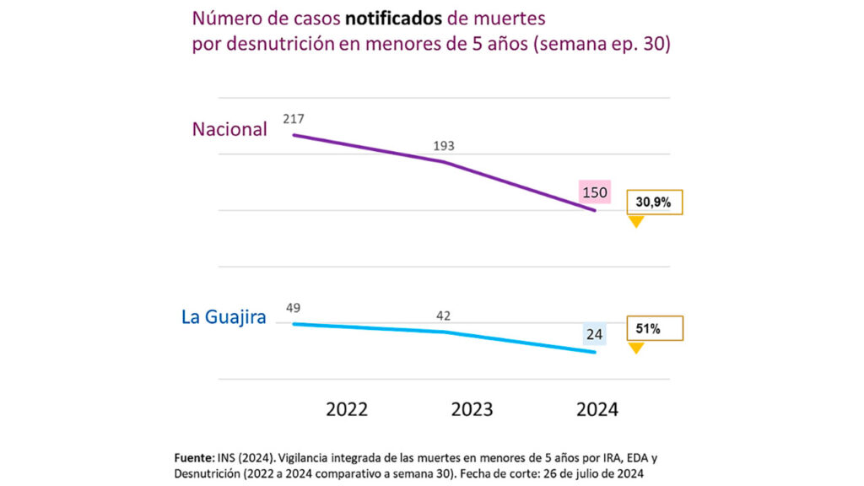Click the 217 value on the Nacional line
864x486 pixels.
click(x=294, y=119)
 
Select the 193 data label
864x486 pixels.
click(x=444, y=146)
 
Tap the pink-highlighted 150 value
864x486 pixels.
click(x=594, y=193)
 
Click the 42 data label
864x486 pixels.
click(x=443, y=316)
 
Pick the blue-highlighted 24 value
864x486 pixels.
click(x=594, y=335)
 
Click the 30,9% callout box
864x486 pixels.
click(x=654, y=203)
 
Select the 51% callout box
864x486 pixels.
click(x=654, y=328)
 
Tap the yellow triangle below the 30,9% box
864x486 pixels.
click(x=636, y=222)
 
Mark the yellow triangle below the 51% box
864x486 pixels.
click(x=636, y=347)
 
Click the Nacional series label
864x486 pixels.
click(x=229, y=129)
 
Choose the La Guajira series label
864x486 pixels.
click(x=224, y=318)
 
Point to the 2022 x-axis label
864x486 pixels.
click(x=347, y=409)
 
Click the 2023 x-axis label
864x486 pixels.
click(x=472, y=409)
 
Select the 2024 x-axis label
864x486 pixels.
click(x=597, y=409)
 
